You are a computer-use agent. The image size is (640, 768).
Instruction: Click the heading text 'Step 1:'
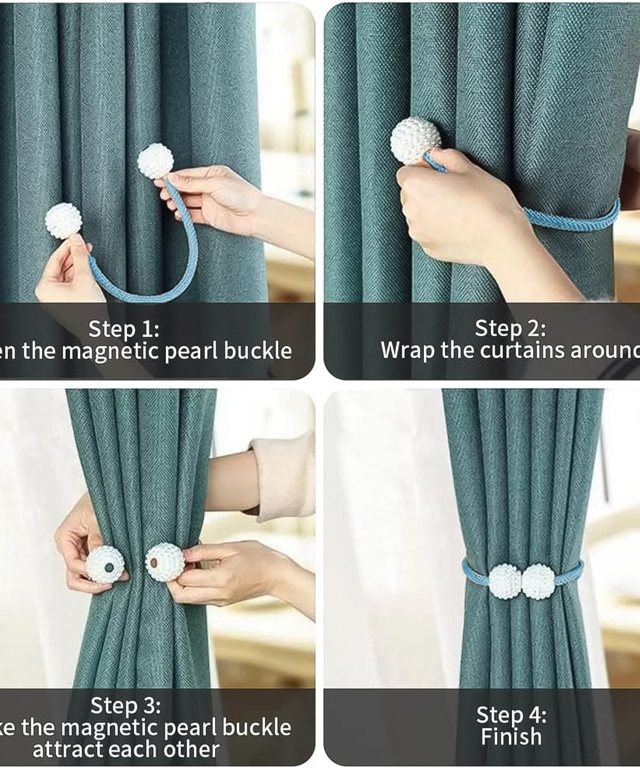[124, 328]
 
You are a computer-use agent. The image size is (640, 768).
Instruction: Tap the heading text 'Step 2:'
[510, 328]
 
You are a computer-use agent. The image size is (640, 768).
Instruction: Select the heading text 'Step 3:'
[125, 706]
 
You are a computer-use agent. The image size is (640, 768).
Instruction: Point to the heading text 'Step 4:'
[511, 714]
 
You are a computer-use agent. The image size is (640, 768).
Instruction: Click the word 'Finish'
[511, 737]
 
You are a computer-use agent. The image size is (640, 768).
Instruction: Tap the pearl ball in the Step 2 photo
[416, 141]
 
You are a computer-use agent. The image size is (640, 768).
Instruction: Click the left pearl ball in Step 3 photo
[105, 564]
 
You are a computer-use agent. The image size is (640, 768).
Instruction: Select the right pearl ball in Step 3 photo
[164, 562]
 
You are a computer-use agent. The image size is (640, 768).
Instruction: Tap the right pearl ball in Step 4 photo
[538, 581]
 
